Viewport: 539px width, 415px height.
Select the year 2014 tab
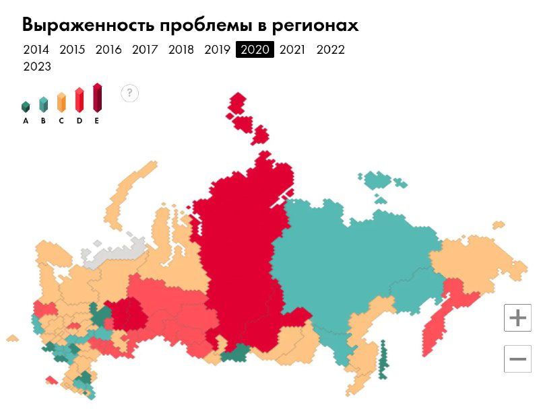(36, 50)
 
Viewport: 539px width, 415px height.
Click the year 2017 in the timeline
(145, 50)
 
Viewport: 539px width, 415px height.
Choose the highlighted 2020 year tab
(255, 50)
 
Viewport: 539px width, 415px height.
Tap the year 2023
(37, 67)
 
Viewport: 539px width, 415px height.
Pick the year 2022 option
(330, 50)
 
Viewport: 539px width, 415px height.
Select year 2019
(218, 50)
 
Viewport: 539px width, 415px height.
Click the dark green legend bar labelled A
(26, 107)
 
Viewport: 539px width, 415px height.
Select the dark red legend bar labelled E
(97, 98)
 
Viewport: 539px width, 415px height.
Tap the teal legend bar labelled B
(43, 104)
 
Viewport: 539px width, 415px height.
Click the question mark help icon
(130, 93)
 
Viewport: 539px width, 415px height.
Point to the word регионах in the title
(315, 25)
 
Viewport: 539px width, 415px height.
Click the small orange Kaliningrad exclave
(12, 338)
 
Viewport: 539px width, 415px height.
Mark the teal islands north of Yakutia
(379, 181)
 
